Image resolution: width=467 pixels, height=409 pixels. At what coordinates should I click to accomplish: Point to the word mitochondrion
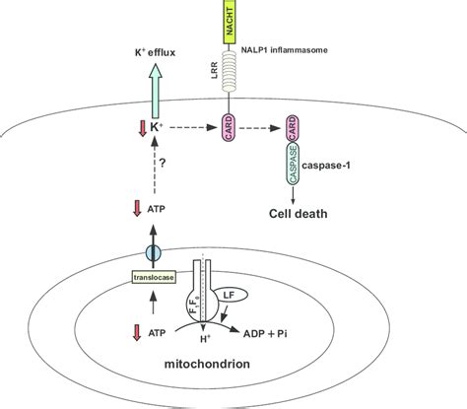(x=218, y=374)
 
